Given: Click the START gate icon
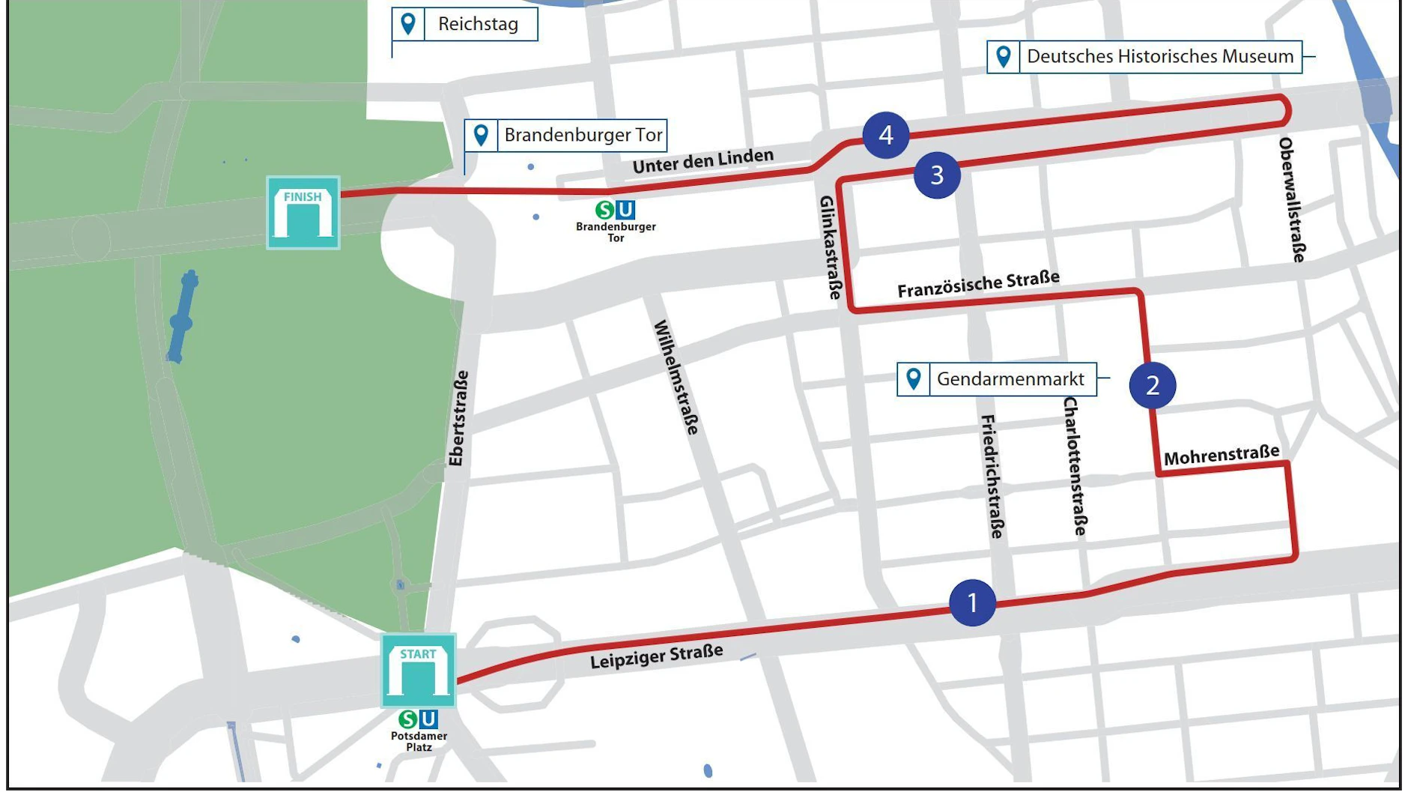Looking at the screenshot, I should coord(418,671).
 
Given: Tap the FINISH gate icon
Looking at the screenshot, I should coord(303,213).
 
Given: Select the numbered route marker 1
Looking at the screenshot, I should coord(972,602).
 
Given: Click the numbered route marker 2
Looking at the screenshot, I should coord(1152,385).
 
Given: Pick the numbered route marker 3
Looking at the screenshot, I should coord(936,175).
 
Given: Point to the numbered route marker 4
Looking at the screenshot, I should coord(885,135).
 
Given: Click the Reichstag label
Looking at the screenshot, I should coord(478,24).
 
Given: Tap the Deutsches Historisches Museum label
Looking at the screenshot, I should coord(1159,56).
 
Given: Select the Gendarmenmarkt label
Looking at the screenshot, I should coord(1010,379).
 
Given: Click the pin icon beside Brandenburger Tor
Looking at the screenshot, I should coord(481,136).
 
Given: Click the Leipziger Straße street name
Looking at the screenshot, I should coord(656,656).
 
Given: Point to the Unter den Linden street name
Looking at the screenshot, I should coord(703,160).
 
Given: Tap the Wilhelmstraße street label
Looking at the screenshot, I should coord(676,377).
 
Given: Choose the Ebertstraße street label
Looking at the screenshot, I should coord(458,418).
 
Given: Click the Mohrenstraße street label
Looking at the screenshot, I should coord(1221,455).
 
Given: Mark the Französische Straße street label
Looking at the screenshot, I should coord(978,285).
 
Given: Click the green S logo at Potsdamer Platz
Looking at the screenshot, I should coord(407,719).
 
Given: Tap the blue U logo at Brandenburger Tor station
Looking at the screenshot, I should coord(625,210).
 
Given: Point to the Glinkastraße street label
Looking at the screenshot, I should coord(831,247).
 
